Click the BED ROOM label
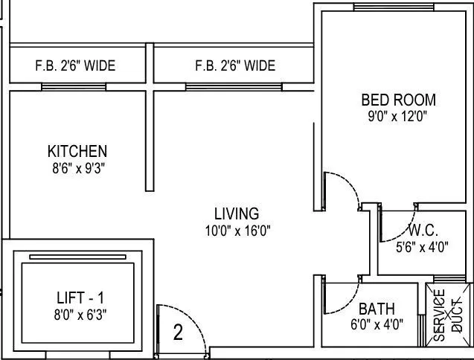[398, 100]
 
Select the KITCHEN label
[77, 152]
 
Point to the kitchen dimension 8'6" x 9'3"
[77, 168]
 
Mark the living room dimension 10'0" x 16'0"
[238, 231]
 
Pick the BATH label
[377, 308]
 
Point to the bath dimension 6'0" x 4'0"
[377, 325]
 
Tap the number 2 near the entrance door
[178, 332]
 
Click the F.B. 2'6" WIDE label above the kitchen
[75, 66]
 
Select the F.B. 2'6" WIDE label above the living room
[235, 66]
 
